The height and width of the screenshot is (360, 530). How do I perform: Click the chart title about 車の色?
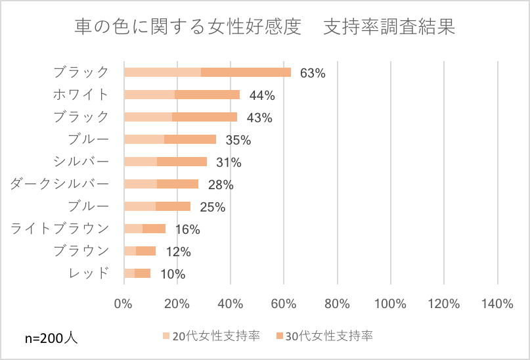(x=265, y=28)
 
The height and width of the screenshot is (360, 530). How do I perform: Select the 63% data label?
(x=313, y=73)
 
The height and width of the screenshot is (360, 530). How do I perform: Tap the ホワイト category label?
(x=81, y=95)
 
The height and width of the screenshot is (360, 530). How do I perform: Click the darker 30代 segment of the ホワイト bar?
(x=207, y=95)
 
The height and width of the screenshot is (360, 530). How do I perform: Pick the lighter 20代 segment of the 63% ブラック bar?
(x=162, y=72)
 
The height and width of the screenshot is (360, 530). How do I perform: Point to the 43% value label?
(x=259, y=118)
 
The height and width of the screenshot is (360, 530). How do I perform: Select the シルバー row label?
(x=81, y=162)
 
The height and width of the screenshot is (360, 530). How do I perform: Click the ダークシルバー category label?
(x=59, y=184)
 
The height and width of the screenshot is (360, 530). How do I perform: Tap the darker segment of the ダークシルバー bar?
(x=177, y=184)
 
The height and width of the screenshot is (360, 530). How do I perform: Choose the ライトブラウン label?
(x=60, y=229)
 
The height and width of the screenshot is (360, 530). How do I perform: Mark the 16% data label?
(x=187, y=229)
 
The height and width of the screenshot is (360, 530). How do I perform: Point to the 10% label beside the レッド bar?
(x=172, y=274)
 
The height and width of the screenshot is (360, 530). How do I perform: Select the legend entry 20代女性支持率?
(x=211, y=336)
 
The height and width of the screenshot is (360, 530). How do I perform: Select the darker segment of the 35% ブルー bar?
(x=190, y=139)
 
